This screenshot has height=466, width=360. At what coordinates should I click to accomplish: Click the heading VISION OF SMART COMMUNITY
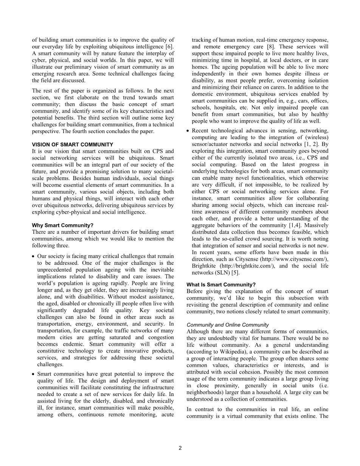72,144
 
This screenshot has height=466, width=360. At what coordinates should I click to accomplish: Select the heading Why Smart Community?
62,225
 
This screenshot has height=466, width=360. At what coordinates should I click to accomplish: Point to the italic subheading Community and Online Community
228,325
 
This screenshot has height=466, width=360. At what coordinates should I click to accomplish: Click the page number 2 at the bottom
180,448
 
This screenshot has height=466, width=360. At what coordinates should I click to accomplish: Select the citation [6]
170,47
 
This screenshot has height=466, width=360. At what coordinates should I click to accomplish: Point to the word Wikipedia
246,352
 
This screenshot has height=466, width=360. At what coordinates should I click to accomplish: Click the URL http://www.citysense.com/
298,259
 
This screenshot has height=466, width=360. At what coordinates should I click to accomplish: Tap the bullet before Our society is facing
33,256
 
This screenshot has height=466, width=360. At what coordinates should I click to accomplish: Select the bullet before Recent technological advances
188,131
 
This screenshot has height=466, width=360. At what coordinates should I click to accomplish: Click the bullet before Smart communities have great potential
33,374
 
